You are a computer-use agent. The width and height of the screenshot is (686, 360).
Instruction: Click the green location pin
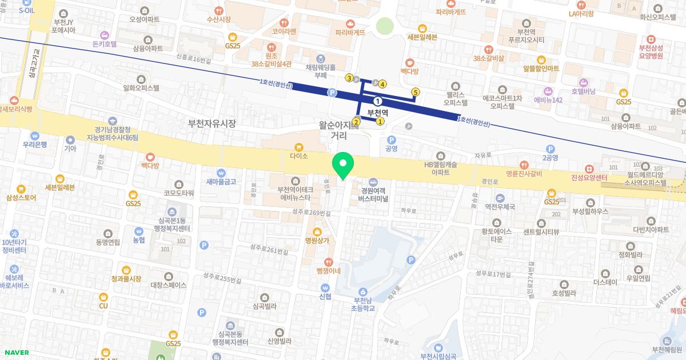click(x=343, y=165)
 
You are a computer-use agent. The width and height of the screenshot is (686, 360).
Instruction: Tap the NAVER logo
click(x=15, y=352)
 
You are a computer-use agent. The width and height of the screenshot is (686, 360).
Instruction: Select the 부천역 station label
click(x=377, y=113)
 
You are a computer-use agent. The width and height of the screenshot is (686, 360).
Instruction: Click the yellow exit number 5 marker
click(x=416, y=92)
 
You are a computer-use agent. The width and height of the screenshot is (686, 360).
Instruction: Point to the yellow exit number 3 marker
click(x=349, y=78)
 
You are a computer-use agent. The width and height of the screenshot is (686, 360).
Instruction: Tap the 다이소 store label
click(x=299, y=155)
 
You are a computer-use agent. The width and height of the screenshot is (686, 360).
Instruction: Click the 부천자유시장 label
click(x=212, y=123)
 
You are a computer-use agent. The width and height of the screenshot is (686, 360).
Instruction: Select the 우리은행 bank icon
click(x=36, y=137)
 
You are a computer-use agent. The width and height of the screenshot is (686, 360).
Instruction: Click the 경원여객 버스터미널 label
click(x=373, y=195)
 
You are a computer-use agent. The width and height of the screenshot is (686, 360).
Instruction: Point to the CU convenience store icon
click(x=103, y=297)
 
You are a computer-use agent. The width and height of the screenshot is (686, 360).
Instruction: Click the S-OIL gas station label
click(x=27, y=10)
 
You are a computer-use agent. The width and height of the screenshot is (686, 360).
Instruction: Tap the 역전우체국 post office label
click(x=500, y=206)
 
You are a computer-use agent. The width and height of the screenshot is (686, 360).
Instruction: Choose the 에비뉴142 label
click(x=548, y=100)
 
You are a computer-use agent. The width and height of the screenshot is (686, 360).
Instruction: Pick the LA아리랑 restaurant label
click(x=581, y=14)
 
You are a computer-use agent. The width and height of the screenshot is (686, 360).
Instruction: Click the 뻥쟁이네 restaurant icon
click(x=329, y=262)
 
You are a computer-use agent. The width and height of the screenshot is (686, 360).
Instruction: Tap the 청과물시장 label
click(x=126, y=278)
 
